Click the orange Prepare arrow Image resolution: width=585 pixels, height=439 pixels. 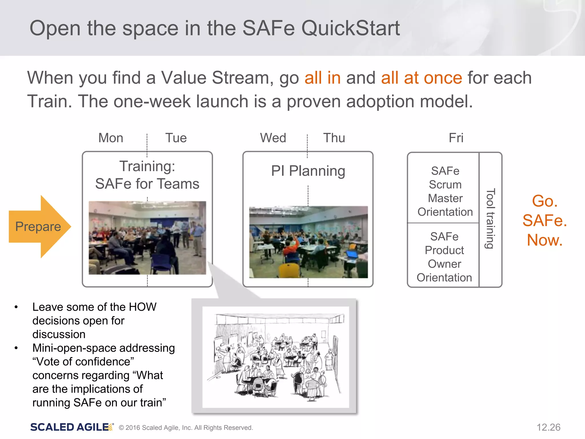pos(39,227)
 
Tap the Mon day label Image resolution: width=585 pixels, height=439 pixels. pos(111,138)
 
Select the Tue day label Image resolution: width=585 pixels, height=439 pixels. pos(176,138)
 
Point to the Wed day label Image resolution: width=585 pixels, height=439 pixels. pos(273,138)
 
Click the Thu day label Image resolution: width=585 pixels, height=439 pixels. pos(334,138)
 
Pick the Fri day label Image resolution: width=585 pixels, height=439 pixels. pos(456,138)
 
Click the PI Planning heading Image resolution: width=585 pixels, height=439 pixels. pos(308,171)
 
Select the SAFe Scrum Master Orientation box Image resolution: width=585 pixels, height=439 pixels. pos(445,191)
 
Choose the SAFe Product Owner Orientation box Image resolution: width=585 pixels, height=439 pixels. pos(444,257)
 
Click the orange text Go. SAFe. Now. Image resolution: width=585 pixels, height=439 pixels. pos(544,220)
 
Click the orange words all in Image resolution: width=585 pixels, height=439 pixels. pos(322,78)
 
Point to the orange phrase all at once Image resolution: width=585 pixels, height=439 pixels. pos(421,78)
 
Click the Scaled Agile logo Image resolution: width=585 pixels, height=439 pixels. pos(71,427)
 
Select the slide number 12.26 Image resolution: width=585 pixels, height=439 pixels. pos(548,427)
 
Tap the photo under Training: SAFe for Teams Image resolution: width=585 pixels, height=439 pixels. pos(147,238)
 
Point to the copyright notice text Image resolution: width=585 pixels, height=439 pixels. pos(186,428)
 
